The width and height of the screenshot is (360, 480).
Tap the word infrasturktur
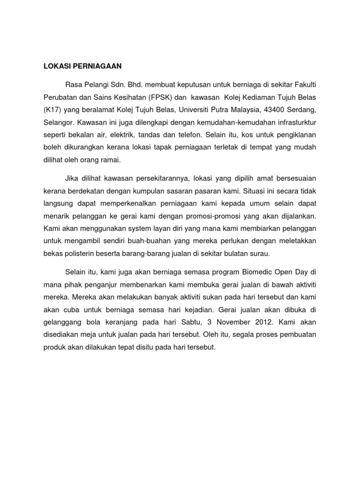coord(294,122)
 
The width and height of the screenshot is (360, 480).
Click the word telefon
coord(189,135)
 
